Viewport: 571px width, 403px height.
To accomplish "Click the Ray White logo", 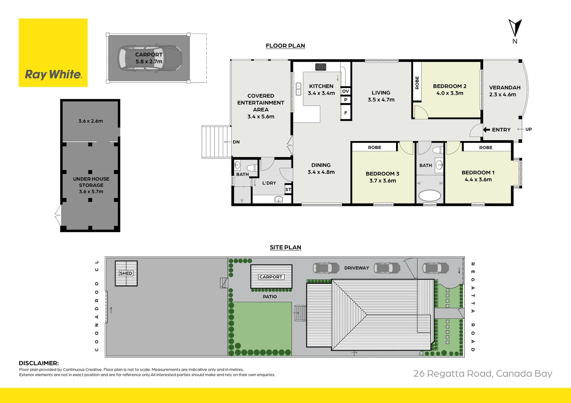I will (53, 53).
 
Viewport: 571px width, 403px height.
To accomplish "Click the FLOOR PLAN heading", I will (285, 46).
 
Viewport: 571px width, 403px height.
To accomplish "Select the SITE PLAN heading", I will (285, 247).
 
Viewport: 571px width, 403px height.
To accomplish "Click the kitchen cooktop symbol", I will (321, 67).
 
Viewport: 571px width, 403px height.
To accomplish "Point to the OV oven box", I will (346, 91).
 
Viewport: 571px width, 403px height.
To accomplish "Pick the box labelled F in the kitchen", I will (346, 113).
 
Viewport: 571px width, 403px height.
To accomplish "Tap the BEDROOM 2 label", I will (450, 86).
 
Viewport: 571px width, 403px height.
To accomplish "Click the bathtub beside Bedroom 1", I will (430, 196).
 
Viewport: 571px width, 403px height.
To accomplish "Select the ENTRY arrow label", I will (497, 130).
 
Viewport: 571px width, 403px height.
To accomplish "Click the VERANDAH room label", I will (504, 88).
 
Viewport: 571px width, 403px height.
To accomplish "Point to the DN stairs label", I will (236, 142).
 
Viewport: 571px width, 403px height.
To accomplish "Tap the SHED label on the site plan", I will (126, 274).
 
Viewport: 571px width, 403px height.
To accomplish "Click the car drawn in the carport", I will (150, 58).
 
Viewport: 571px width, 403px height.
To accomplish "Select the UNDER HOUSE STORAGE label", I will (91, 182).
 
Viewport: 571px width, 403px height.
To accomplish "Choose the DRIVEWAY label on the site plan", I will (357, 268).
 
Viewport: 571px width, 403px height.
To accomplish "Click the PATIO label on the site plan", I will (270, 297).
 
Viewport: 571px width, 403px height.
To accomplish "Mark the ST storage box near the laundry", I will (288, 190).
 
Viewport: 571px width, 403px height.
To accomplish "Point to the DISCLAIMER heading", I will (38, 363).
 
